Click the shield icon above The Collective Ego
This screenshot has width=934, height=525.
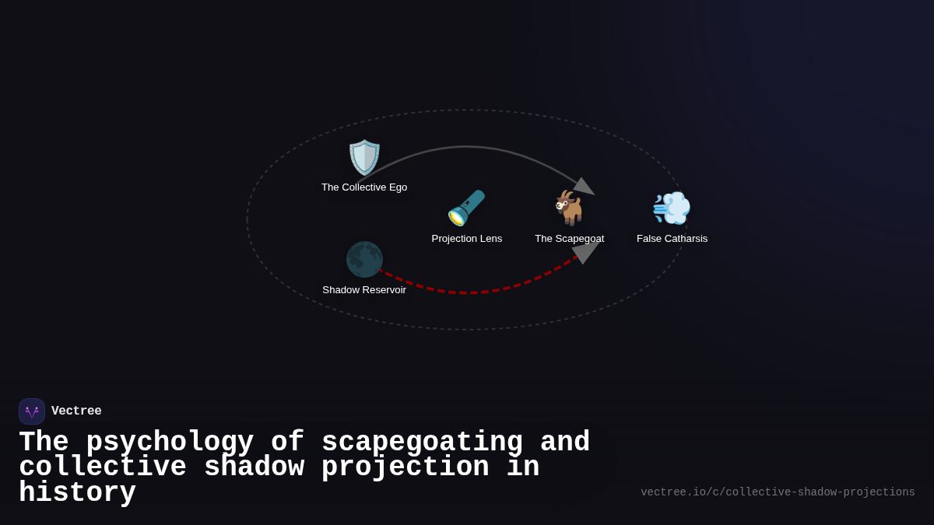[x=364, y=157]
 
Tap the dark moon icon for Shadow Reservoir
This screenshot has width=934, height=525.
[x=364, y=259]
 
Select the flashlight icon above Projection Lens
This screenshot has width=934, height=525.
[x=466, y=208]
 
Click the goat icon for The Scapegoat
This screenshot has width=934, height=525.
[x=569, y=208]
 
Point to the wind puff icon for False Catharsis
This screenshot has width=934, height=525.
[x=672, y=208]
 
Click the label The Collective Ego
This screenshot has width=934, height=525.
[x=364, y=187]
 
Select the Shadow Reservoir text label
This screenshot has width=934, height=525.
[x=364, y=290]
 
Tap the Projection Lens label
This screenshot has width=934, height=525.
[x=467, y=239]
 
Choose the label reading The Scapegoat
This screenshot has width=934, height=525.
[x=569, y=239]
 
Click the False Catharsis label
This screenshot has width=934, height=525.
[x=672, y=239]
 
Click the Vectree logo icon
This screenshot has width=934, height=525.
[x=32, y=411]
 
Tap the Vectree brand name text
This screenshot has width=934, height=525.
[x=76, y=411]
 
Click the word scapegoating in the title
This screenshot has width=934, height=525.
[x=422, y=443]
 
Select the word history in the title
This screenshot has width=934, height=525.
[x=77, y=493]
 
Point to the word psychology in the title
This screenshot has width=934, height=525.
[x=170, y=443]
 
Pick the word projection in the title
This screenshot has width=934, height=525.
[x=405, y=467]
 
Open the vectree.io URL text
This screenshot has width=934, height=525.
[x=778, y=492]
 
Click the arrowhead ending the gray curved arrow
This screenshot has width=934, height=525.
[x=585, y=187]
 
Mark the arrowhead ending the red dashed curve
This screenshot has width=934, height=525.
[x=586, y=251]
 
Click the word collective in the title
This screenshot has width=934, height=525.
[x=103, y=467]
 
